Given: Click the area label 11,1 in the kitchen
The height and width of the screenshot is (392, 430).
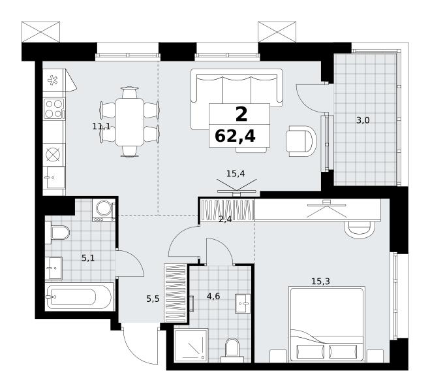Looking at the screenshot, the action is [101, 127].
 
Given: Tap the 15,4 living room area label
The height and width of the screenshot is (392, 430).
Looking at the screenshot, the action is [236, 174].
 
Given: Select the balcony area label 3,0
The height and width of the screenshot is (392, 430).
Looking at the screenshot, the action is [363, 120].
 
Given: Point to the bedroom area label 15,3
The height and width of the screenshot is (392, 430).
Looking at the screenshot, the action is [320, 281].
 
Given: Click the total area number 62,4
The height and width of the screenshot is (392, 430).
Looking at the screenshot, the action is [236, 136].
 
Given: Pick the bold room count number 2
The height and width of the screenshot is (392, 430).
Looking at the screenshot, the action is [241, 114].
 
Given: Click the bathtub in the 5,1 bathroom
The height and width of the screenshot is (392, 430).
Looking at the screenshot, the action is [80, 297].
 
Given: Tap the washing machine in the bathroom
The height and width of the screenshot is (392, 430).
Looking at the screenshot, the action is [104, 210].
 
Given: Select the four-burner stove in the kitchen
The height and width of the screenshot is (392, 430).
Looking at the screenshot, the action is [54, 108].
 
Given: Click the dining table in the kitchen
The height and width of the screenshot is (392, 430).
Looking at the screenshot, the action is [129, 122].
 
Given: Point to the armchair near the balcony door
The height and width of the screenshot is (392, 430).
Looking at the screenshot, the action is [301, 141].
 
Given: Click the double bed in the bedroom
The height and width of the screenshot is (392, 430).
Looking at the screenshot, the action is [327, 325].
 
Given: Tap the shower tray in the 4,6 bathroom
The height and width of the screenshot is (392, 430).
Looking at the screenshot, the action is [191, 345].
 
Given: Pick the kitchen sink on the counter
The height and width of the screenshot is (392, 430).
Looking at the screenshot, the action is [54, 178].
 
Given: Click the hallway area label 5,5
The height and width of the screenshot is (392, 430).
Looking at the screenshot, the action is [153, 299].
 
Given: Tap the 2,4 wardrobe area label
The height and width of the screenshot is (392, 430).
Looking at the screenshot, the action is [225, 220].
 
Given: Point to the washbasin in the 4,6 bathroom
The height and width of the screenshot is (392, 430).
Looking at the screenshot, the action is [243, 303].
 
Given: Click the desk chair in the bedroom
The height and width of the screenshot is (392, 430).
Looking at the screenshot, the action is [360, 229].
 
